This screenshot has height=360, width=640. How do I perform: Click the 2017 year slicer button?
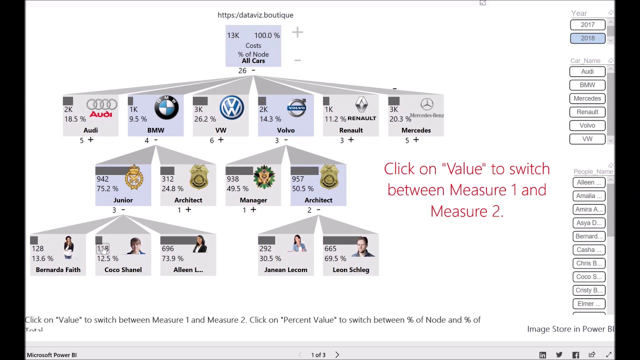tap(587, 24)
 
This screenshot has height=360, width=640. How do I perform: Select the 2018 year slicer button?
tap(587, 38)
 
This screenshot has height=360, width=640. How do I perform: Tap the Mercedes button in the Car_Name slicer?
tap(587, 98)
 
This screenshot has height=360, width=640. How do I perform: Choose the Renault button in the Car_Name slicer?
tap(587, 112)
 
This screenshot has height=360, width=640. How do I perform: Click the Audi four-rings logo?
tap(101, 108)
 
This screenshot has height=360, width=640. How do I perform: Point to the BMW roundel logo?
tap(166, 107)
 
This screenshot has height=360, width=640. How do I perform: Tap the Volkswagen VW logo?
tap(231, 107)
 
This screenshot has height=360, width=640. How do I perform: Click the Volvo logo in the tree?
tap(296, 108)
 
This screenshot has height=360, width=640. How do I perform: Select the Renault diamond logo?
tap(361, 106)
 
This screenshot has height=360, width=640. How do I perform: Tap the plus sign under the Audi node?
tap(90, 140)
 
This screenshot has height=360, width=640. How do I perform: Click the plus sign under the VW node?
tap(220, 140)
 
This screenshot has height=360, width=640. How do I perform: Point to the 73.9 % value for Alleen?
tap(172, 258)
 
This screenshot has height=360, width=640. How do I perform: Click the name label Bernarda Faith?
tap(58, 270)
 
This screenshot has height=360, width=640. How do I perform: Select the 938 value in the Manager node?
tap(232, 179)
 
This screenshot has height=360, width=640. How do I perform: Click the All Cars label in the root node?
tap(253, 61)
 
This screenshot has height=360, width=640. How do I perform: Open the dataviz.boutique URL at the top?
tap(255, 15)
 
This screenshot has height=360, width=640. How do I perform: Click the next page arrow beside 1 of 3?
tap(337, 355)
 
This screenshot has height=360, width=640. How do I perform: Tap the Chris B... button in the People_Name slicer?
tap(588, 263)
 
